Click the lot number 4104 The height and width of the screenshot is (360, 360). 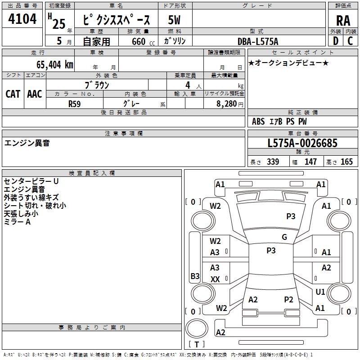[22, 19]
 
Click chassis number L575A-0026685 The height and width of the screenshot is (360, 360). [302, 144]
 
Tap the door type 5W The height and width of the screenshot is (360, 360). [175, 20]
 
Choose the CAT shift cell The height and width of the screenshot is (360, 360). [13, 94]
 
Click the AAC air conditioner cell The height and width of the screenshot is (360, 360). [35, 94]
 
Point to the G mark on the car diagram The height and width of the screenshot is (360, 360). [284, 237]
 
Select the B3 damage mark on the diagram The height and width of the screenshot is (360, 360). [195, 276]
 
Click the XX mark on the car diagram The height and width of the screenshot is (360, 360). [215, 279]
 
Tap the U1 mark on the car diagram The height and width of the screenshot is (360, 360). [320, 292]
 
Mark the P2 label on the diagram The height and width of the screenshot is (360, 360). [288, 300]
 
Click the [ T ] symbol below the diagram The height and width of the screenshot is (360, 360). [197, 344]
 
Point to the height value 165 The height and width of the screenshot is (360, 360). [346, 162]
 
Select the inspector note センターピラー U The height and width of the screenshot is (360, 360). [31, 181]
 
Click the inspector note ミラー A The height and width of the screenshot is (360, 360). [17, 222]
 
